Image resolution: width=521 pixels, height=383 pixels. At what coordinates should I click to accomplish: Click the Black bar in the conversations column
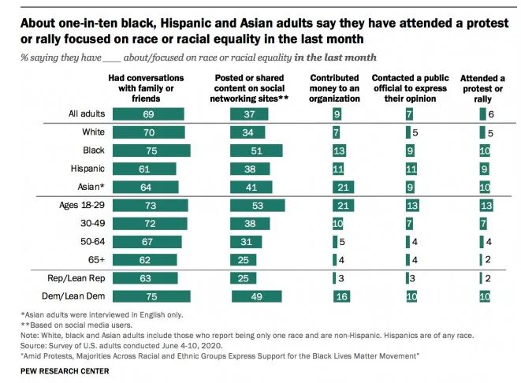tap(151, 151)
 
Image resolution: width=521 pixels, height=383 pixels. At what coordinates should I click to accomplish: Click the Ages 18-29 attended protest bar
tap(487, 206)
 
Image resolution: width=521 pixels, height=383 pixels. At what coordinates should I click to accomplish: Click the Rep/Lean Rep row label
tap(77, 278)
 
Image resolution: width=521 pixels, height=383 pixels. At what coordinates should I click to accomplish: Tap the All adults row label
tap(87, 114)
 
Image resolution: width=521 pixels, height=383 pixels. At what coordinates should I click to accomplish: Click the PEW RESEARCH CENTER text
tap(52, 367)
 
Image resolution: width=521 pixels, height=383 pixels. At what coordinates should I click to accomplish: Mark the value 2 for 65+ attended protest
tap(489, 260)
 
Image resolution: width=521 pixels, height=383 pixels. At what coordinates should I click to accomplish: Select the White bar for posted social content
tap(248, 132)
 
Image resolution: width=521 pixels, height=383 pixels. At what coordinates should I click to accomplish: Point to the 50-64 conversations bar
tap(147, 242)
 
